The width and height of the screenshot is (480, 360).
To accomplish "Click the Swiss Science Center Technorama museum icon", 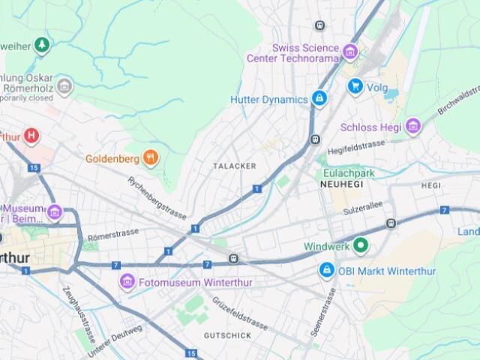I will (349, 52).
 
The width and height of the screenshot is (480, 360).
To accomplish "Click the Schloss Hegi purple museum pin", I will (413, 127).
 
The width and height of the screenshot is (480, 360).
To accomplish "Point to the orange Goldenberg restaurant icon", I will (151, 157).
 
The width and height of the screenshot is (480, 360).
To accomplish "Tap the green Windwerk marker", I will (361, 245).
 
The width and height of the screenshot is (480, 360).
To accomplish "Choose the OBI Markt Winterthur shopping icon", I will (326, 269).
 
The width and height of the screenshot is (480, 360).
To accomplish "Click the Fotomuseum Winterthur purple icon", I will (127, 282).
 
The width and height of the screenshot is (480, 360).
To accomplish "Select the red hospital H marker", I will (31, 136).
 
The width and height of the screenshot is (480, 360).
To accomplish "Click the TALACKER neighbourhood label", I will (234, 166).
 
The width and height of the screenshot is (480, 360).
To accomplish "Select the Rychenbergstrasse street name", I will (157, 197).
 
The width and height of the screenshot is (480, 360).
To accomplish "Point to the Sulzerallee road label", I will (363, 205).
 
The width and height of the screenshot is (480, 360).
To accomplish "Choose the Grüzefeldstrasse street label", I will (239, 313).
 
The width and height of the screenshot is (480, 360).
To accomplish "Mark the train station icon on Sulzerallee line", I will (391, 223).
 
